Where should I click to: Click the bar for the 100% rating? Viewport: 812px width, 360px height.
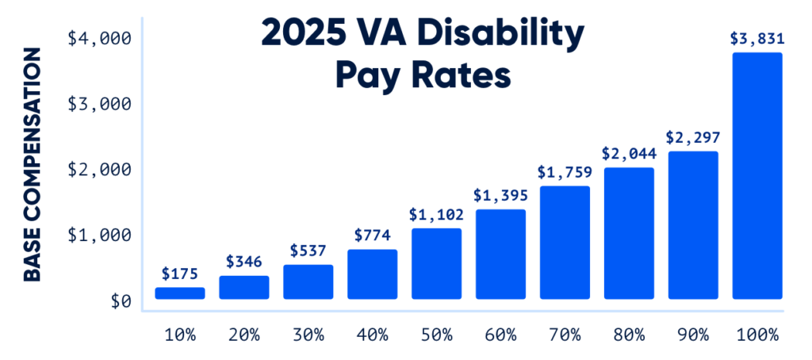[x=756, y=176]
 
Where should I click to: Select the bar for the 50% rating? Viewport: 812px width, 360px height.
[x=436, y=264]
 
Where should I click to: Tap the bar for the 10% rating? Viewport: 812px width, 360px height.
[x=179, y=293]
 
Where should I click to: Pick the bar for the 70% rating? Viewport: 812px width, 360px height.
[x=565, y=243]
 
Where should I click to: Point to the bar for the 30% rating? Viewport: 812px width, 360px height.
[x=308, y=281]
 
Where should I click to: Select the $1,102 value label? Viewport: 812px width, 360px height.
[x=436, y=214]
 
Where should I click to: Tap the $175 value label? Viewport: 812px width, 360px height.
[x=179, y=274]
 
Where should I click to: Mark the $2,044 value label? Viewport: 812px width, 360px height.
[x=629, y=153]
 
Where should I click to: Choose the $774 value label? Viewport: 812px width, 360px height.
[x=372, y=236]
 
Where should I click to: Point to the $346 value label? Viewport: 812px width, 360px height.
[x=243, y=262]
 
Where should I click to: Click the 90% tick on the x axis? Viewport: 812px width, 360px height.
[x=693, y=335]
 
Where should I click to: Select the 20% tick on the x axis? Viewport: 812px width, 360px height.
[x=243, y=335]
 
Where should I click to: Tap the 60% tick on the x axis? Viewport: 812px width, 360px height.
[x=500, y=335]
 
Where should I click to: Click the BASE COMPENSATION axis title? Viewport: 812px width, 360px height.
[x=32, y=165]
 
